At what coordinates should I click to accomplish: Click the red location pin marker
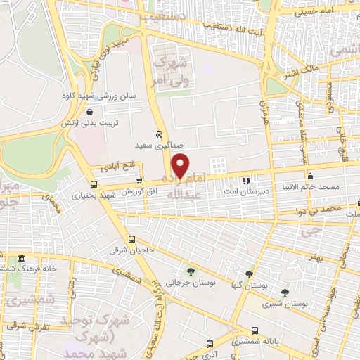tap(181, 165)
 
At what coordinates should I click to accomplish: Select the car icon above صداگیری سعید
tap(160, 134)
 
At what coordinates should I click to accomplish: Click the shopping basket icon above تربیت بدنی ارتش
tap(89, 112)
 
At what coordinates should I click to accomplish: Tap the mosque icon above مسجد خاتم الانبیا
tap(310, 176)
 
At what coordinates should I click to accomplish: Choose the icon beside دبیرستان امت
tap(246, 181)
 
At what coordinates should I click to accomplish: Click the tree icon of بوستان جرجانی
tap(191, 271)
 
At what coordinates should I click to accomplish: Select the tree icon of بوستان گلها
tap(249, 274)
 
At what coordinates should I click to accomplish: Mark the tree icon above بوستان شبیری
tap(285, 292)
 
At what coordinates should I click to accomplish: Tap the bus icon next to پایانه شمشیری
tap(255, 330)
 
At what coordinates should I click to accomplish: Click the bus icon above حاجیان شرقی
tap(131, 238)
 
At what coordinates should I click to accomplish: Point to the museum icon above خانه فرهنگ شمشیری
tap(22, 258)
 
